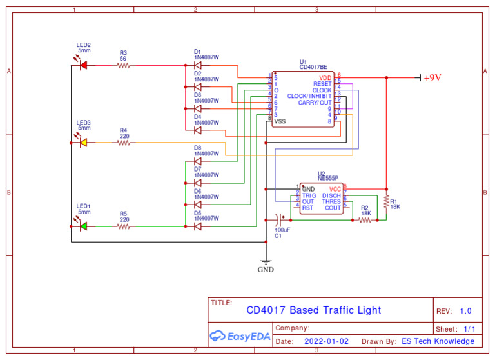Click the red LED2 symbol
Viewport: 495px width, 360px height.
82,65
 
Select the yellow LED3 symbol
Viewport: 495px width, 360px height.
82,142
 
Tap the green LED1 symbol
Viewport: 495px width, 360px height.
82,226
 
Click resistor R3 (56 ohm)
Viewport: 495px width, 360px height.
123,65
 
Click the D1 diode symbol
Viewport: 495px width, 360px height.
198,65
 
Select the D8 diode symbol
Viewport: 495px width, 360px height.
198,161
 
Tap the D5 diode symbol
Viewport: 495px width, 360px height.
198,226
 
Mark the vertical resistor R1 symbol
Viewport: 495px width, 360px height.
386,202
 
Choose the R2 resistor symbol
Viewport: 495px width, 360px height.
365,220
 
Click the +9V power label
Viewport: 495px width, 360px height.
432,77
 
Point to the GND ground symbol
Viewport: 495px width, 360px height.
266,263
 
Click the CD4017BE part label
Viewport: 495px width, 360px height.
313,66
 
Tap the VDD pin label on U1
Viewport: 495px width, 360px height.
325,77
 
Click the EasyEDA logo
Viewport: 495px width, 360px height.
240,335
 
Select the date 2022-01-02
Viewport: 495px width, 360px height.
325,341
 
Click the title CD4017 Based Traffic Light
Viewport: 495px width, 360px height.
313,310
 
